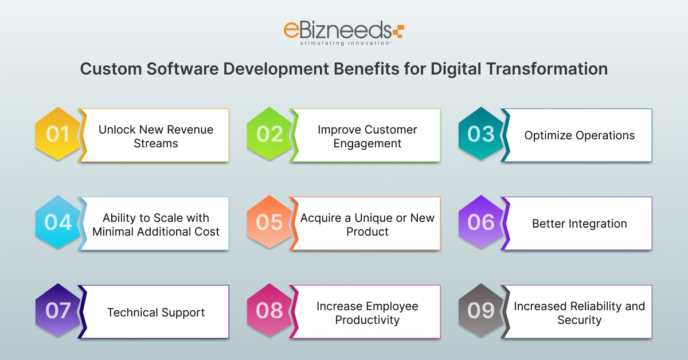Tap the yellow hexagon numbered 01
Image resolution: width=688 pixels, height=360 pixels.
tap(58, 134)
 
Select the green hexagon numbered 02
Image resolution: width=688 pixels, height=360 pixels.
tap(269, 134)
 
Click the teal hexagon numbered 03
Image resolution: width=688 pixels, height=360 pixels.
tap(481, 134)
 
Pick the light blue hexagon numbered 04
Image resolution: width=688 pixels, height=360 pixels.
tap(58, 222)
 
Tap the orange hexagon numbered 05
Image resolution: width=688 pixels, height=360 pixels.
tap(269, 222)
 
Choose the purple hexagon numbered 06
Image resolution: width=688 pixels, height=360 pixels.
tap(481, 222)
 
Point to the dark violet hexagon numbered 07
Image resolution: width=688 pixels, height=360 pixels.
tap(58, 310)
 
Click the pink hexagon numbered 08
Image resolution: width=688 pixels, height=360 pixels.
tap(269, 310)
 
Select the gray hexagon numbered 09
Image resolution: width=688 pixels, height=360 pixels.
tap(481, 310)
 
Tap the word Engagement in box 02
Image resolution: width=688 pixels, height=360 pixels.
tap(368, 144)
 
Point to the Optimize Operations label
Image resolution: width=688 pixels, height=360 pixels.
tap(579, 135)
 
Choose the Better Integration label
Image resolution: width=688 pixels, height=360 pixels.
tap(579, 224)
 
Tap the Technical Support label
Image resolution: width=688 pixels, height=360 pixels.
tap(156, 312)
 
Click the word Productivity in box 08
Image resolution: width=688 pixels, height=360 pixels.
tap(368, 320)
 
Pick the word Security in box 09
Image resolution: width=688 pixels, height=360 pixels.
tap(579, 320)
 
